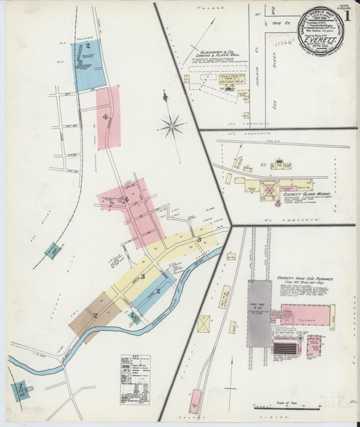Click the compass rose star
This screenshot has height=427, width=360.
(x=172, y=125)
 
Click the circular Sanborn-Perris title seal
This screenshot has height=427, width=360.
(x=321, y=30)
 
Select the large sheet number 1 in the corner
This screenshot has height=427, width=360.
(x=348, y=14)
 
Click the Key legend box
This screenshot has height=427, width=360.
(x=135, y=370)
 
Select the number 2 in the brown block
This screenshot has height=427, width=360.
(x=95, y=315)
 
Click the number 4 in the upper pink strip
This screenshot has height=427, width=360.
(x=105, y=117)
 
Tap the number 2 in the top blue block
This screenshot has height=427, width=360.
(x=88, y=46)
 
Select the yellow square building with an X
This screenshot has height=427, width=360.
(x=203, y=324)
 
